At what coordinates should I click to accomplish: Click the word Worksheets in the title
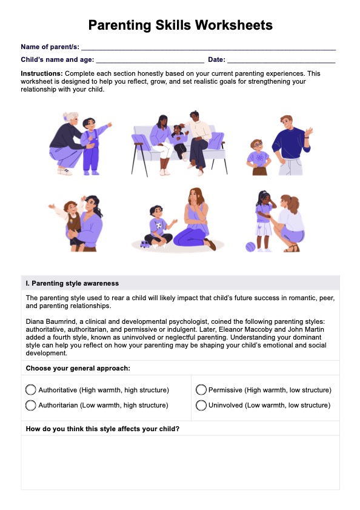[233, 25]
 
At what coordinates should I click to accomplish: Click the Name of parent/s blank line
[208, 50]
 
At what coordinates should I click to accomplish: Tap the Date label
[216, 59]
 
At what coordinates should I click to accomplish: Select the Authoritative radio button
[30, 390]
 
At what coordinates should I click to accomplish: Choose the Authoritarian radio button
[30, 405]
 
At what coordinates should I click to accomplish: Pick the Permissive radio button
[201, 390]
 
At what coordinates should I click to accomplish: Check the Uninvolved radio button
[201, 405]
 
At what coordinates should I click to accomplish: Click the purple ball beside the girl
[250, 247]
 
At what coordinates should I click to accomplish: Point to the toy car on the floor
[145, 244]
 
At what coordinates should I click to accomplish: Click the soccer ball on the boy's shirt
[159, 226]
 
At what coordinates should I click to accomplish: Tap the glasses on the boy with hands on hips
[257, 145]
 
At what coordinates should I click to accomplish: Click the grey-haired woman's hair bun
[65, 116]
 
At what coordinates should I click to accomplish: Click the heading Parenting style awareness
[75, 283]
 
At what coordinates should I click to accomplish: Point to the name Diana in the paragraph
[34, 321]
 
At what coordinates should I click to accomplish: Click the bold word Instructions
[42, 73]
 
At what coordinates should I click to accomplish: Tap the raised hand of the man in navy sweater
[308, 132]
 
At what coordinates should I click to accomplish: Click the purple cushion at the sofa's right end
[216, 141]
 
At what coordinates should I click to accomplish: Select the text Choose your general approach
[78, 368]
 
